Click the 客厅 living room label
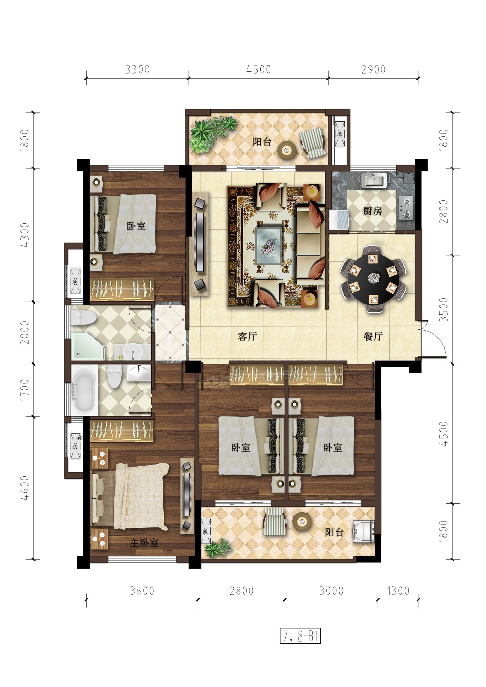tap(247, 336)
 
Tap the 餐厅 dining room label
tap(373, 336)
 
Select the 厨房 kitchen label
tap(373, 211)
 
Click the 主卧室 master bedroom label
tap(144, 542)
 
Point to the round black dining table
tap(373, 278)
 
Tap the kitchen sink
tap(374, 180)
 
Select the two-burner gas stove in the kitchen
tap(406, 208)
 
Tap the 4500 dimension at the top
tap(259, 69)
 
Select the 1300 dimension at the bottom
tap(398, 591)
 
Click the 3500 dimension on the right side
tap(444, 309)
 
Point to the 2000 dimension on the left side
tap(25, 332)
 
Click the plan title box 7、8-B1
tap(300, 636)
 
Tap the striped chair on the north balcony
tap(313, 143)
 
